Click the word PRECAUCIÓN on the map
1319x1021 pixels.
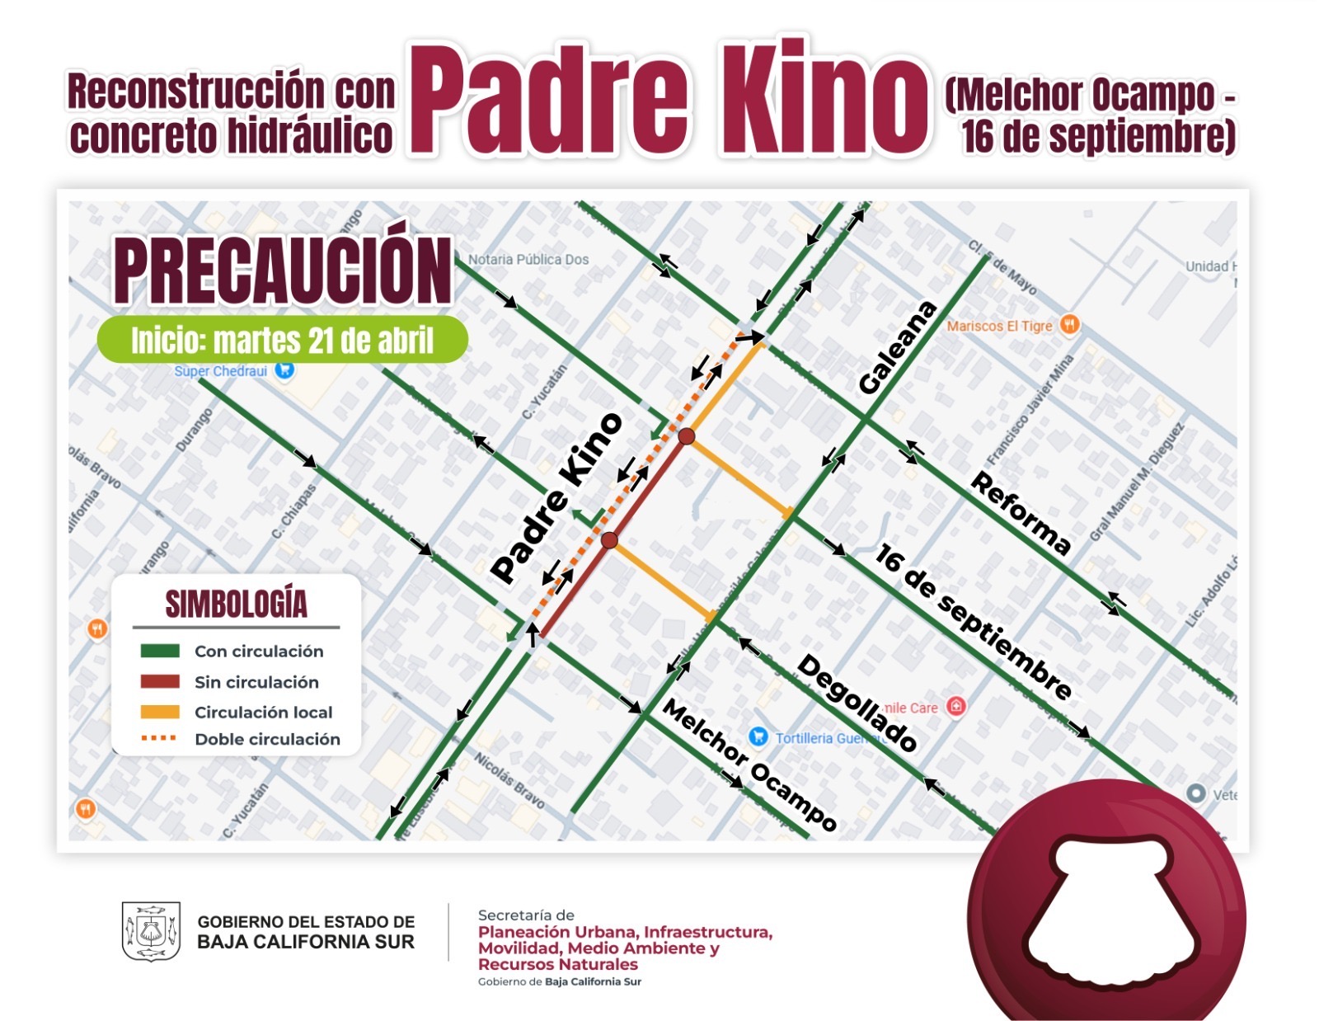283,271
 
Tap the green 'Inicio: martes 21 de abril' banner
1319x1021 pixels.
283,340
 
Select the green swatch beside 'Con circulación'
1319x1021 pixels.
160,651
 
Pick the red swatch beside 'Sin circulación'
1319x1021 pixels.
160,682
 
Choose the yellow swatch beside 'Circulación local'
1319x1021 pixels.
160,712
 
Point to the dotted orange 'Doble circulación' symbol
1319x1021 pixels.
159,738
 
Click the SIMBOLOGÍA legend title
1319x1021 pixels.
237,604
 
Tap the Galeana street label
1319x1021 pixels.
897,348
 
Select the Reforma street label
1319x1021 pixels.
1021,513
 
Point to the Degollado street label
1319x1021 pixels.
857,703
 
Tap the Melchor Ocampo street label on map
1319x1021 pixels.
749,765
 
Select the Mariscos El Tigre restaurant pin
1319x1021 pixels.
1069,324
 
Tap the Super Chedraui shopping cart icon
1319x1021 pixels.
284,370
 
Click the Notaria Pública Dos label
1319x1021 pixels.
528,259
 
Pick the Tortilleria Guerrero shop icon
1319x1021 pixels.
758,736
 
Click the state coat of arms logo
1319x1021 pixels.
151,931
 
